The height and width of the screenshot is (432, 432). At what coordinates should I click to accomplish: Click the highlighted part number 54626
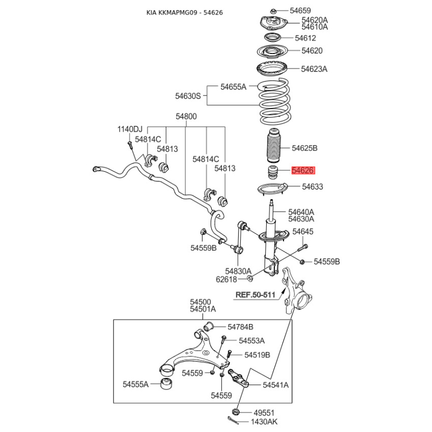(x=302, y=171)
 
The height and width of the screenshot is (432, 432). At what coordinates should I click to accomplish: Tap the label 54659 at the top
(x=300, y=10)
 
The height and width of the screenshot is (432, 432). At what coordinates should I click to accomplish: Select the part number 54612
(x=305, y=38)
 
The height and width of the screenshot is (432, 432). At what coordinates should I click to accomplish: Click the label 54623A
(x=314, y=69)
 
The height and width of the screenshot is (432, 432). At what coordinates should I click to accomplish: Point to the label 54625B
(x=305, y=148)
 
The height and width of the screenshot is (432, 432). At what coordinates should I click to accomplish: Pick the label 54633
(x=312, y=187)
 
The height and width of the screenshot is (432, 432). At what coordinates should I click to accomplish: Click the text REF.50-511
(x=255, y=295)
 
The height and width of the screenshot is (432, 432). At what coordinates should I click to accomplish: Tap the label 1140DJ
(x=130, y=129)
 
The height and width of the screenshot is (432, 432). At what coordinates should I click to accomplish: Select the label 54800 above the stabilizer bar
(x=186, y=116)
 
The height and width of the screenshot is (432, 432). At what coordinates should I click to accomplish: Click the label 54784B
(x=240, y=327)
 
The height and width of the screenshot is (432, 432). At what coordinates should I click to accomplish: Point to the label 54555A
(x=135, y=384)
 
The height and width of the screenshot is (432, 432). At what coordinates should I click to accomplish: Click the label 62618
(x=227, y=279)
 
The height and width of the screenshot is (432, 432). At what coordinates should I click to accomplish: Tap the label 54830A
(x=238, y=271)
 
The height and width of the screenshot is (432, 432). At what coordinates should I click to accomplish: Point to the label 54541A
(x=276, y=385)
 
